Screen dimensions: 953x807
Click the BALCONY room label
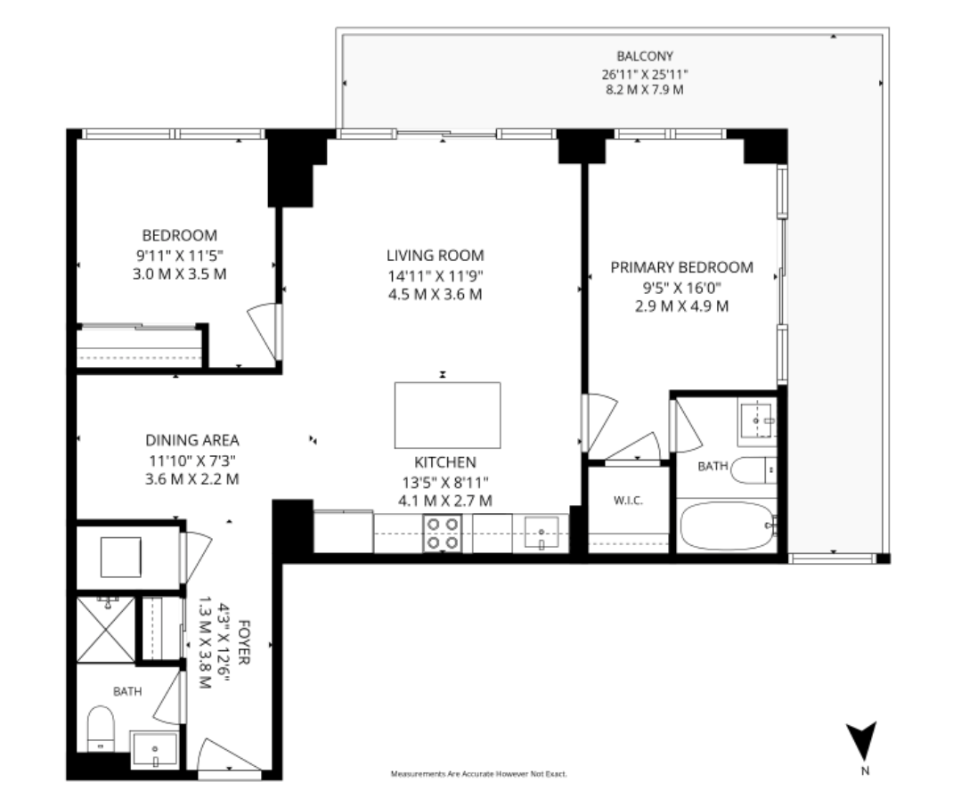[x=645, y=56]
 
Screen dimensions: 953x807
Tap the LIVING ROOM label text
[x=436, y=256]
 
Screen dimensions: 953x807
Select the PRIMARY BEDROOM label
[x=682, y=267]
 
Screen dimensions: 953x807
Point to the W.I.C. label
[x=628, y=501]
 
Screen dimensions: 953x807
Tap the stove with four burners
[x=442, y=533]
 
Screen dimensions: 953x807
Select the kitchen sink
[x=541, y=533]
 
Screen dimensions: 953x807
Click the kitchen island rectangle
[x=447, y=415]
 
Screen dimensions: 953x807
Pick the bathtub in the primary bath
[x=727, y=526]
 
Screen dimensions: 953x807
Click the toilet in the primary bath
[x=753, y=470]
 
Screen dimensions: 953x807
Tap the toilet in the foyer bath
[x=101, y=729]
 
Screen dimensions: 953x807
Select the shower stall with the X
[x=106, y=629]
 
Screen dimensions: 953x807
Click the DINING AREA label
[x=192, y=440]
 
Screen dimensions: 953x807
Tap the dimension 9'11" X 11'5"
[x=179, y=256]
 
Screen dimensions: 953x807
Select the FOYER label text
[x=244, y=642]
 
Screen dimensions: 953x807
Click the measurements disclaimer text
[x=479, y=774]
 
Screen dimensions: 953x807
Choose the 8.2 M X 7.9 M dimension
[x=645, y=90]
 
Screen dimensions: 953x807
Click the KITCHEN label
[x=445, y=462]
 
